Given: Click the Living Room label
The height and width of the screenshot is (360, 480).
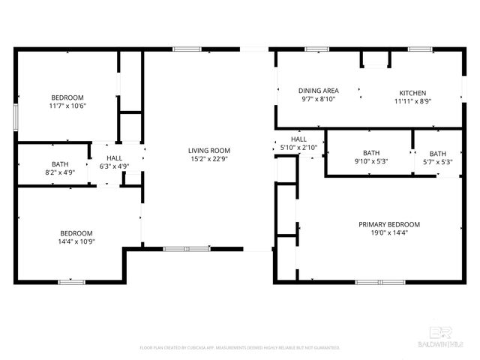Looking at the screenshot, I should pos(209,151).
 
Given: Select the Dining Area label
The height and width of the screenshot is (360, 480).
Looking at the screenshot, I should pos(319,90).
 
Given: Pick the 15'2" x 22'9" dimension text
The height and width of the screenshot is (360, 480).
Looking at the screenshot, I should pos(209,159).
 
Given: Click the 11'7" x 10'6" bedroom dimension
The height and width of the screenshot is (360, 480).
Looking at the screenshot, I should pos(67,106).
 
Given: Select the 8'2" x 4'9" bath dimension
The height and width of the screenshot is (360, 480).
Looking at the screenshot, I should pos(60,173).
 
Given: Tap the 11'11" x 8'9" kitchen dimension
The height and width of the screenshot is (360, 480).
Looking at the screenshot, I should pos(412,101).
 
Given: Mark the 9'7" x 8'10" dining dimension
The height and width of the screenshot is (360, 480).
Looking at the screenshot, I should pos(319,98).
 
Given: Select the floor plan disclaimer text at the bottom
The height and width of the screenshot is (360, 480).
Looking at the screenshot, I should pos(240,348).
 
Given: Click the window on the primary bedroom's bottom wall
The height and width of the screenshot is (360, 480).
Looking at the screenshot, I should pos(376,282).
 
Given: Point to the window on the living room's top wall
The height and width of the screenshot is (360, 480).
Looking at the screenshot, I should pos(187,49).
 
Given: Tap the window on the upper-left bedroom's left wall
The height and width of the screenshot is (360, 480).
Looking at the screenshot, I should pos(16,117).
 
